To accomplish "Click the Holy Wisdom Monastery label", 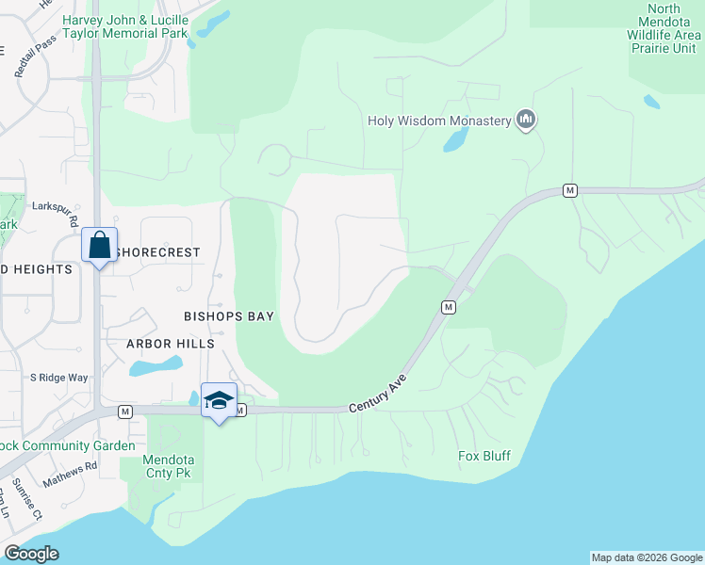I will (x=438, y=121).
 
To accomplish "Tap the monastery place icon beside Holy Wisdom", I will (x=526, y=120).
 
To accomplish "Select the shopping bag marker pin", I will (x=99, y=246).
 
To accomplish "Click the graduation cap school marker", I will (x=219, y=400).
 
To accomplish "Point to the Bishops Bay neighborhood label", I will (x=229, y=316).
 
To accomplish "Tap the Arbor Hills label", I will (x=171, y=344).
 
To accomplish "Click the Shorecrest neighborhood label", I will (x=160, y=252).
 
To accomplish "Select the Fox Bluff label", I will (x=484, y=457).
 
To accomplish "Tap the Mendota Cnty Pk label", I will (x=168, y=467).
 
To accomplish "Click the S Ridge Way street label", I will (x=58, y=378).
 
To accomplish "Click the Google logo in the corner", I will (x=31, y=554).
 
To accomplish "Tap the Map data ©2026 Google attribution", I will (x=646, y=557).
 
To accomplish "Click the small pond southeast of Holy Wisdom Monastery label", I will (x=455, y=139).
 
